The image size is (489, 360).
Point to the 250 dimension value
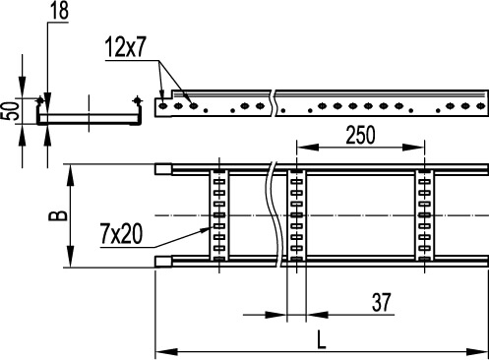pos(362,137)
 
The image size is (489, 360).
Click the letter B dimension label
pos(58,214)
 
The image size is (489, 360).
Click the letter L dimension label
pos(323,340)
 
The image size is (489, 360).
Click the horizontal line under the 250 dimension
pos(362,149)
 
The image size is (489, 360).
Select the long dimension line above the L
pos(323,352)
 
